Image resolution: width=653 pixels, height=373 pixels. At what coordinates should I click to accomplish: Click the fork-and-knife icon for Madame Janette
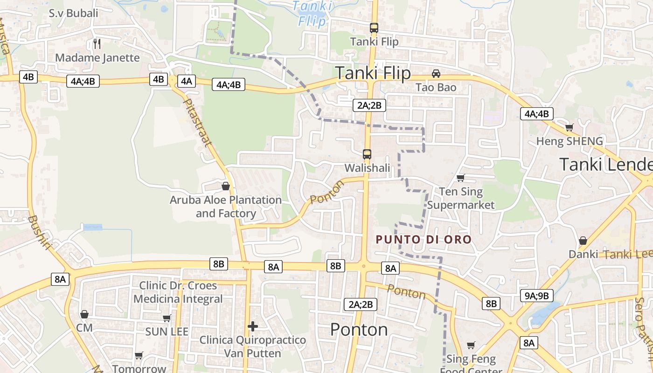tap(97, 44)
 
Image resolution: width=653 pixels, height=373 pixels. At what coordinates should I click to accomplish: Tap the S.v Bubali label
tap(74, 13)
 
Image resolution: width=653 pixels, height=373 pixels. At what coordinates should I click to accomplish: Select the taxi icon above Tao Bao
tap(436, 74)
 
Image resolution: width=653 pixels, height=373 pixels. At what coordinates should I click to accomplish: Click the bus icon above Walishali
tap(367, 154)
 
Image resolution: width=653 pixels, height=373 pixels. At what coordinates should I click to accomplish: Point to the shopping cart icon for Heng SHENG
tap(569, 127)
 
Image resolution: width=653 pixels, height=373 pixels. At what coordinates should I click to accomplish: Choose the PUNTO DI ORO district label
tap(424, 240)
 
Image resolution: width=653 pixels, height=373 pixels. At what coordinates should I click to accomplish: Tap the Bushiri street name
tap(39, 233)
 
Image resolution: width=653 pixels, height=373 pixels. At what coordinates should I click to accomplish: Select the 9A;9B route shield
tap(536, 296)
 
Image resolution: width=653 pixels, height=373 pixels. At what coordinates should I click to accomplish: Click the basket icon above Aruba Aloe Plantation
tap(226, 186)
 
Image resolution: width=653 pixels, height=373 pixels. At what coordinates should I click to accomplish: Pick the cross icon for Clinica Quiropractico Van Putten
tap(253, 326)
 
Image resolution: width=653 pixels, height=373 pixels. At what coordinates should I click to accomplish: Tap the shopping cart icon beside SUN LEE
tap(167, 318)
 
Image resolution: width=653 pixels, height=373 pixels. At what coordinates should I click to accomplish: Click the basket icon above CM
tap(84, 314)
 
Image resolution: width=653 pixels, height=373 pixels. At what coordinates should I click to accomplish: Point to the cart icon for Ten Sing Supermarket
tap(461, 178)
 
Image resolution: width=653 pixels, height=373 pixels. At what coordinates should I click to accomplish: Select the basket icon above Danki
tap(583, 241)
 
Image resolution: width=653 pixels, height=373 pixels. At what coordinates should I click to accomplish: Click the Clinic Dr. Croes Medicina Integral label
tap(178, 292)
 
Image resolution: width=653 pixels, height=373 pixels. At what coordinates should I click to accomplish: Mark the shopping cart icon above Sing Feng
tap(471, 345)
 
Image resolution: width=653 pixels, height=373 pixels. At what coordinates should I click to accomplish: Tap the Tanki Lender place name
tap(605, 165)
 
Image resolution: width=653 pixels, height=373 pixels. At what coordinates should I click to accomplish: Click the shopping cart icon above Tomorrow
tap(139, 356)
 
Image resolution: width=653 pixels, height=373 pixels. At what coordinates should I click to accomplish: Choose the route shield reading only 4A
tap(186, 81)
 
